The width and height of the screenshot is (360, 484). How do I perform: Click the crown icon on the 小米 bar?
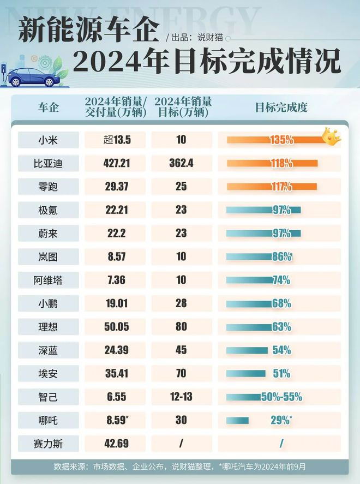331,136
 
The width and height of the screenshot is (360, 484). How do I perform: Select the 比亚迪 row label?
49,163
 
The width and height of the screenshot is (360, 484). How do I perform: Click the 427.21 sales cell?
116,163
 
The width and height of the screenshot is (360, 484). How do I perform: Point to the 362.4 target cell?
181,163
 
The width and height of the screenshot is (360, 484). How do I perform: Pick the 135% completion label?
281,140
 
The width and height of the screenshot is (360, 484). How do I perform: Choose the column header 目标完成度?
281,107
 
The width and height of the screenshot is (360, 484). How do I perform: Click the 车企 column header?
49,107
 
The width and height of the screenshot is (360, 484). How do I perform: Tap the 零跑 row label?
49,186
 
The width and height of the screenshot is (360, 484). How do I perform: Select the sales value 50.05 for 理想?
116,326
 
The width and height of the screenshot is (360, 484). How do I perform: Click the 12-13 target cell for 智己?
181,397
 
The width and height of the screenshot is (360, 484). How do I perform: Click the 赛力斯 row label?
49,443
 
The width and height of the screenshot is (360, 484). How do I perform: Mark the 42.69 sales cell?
116,443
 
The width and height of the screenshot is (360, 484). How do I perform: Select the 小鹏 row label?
49,303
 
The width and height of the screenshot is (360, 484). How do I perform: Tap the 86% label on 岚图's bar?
282,256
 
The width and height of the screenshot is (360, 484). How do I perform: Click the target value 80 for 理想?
181,326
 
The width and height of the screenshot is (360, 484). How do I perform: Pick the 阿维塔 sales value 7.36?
116,280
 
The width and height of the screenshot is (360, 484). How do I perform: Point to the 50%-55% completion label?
281,397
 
